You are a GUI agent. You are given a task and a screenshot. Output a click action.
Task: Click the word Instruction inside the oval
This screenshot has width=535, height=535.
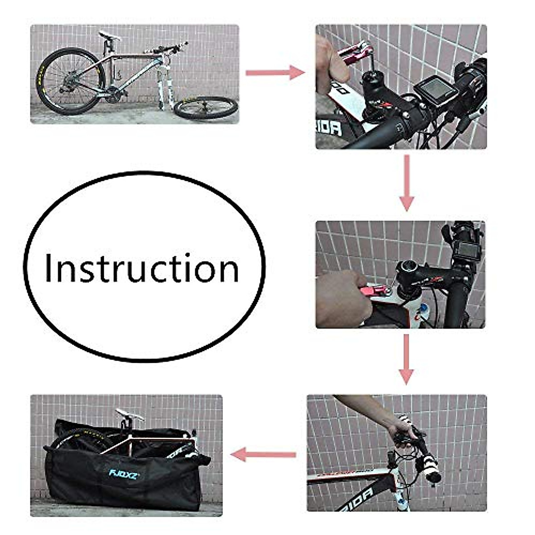point(142,268)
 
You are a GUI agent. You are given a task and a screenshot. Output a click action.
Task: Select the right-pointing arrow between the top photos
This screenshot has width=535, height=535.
point(275,72)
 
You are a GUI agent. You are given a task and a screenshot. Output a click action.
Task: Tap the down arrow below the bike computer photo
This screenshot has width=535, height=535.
point(406,183)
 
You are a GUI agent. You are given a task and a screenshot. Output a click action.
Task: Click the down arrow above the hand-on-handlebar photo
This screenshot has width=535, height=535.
point(406,359)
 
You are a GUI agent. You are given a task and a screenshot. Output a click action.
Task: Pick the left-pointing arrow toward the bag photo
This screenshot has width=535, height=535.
point(263,455)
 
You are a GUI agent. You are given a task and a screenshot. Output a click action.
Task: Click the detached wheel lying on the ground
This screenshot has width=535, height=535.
point(206,108)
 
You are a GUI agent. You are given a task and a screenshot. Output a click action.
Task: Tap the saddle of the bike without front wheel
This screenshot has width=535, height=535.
point(109,36)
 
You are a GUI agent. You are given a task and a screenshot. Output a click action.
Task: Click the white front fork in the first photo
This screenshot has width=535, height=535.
point(164,87)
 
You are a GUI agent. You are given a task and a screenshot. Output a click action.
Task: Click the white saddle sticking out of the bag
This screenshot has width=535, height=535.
point(129,415)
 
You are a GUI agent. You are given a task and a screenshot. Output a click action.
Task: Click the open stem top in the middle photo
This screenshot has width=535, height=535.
point(407,267)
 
